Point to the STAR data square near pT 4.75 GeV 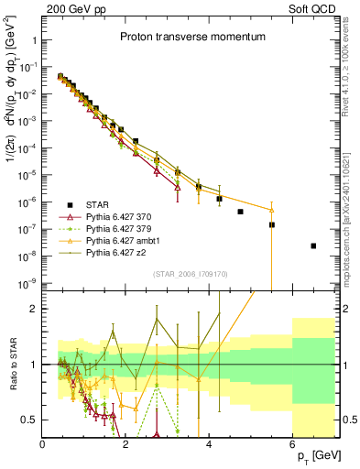point(240,212)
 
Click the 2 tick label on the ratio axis point(33,309)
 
